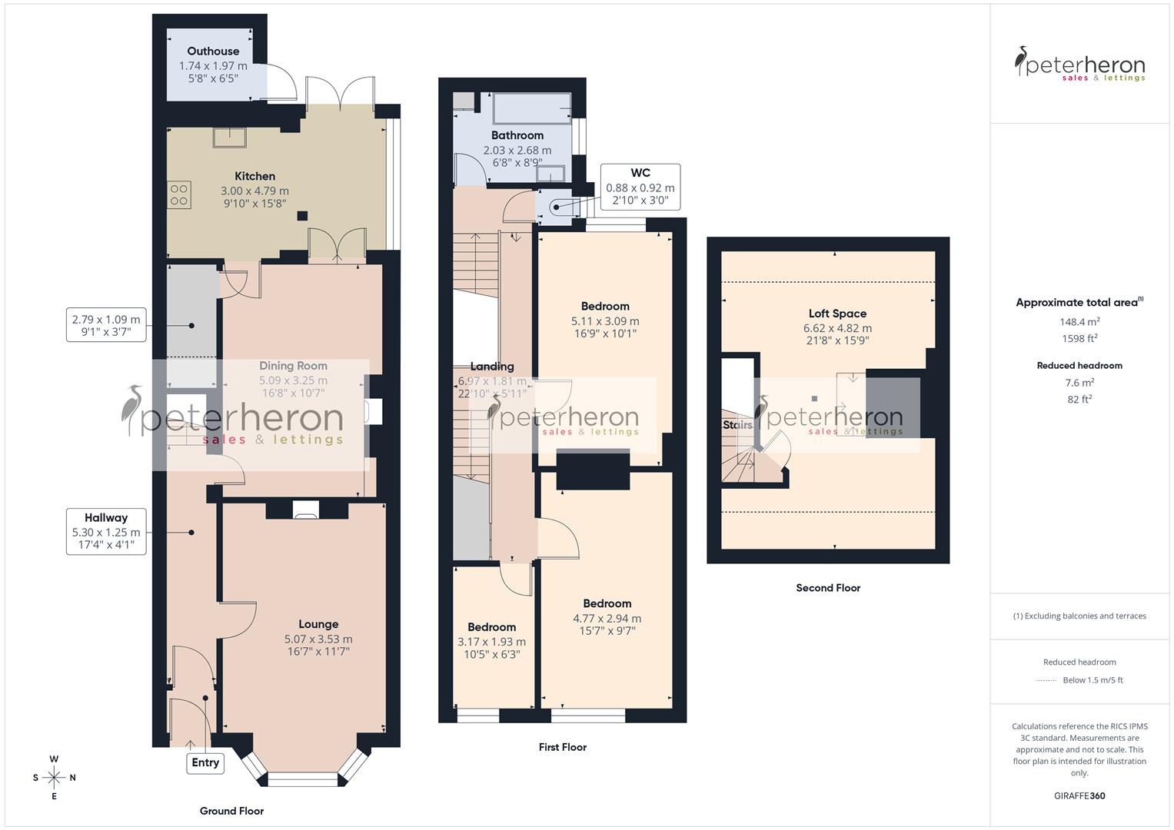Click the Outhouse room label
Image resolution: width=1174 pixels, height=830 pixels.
pos(213,51)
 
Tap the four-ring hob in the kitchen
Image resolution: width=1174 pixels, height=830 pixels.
pos(179,195)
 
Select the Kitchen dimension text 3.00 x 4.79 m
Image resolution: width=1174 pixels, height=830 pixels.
pos(254,191)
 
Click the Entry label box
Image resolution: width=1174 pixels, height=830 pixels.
pos(205,762)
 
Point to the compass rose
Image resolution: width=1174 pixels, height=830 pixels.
pos(54,778)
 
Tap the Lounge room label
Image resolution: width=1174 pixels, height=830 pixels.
pos(318,624)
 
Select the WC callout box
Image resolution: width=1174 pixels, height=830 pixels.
pos(640,187)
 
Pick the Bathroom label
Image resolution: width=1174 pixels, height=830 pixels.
pos(517,135)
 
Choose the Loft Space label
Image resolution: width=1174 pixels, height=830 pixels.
pos(837,314)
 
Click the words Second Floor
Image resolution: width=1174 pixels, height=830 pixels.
pos(828,588)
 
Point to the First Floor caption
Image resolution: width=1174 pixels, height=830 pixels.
pos(563,747)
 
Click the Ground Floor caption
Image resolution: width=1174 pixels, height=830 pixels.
pos(231,811)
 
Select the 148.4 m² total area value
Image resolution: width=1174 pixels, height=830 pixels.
pos(1079,322)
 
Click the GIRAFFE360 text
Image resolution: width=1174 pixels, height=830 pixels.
pos(1079,795)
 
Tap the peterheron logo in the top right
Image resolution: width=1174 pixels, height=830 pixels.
pos(1079,65)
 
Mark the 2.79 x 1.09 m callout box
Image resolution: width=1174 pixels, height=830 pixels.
pos(106,325)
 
